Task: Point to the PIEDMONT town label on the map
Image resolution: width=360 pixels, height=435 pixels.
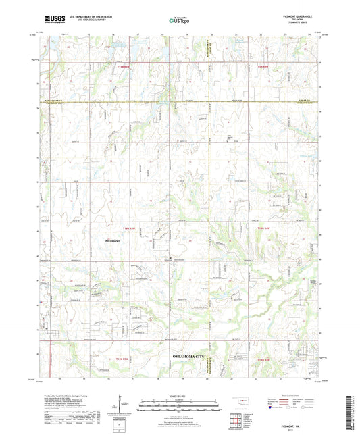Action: point(115,240)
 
